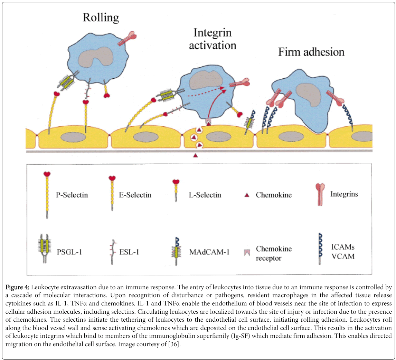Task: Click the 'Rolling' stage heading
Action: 101,18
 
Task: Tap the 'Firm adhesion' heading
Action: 311,52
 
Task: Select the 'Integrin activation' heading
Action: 213,39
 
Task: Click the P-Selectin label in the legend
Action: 72,195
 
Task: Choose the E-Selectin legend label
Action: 135,195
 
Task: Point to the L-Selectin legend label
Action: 205,195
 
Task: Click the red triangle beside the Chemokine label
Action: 247,195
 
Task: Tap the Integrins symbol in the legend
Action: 320,195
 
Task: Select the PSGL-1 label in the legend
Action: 69,252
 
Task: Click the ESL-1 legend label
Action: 129,252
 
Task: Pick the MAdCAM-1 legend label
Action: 209,252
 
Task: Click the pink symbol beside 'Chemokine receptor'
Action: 247,252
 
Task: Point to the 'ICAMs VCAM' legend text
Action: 343,252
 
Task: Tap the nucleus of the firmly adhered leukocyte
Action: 308,95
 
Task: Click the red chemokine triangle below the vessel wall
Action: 195,156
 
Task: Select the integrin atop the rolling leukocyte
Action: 127,38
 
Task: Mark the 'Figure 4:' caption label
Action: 17,287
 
